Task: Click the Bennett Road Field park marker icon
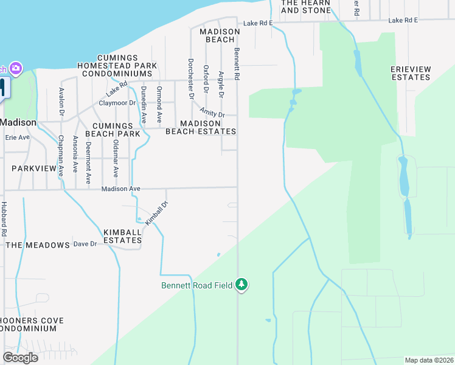click(x=242, y=285)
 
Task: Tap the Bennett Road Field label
click(x=197, y=285)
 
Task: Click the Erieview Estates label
click(x=411, y=74)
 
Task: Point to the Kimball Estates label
click(x=122, y=236)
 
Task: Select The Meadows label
click(x=38, y=245)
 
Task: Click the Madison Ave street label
click(x=120, y=189)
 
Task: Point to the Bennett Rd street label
click(x=237, y=64)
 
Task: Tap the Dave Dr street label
click(x=85, y=244)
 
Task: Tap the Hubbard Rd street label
click(x=4, y=219)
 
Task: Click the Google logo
click(x=20, y=358)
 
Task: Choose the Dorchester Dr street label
click(x=190, y=78)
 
